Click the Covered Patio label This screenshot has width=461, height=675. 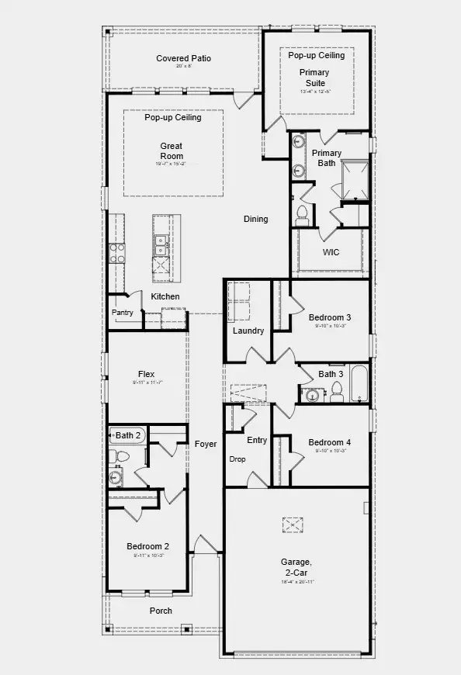click(x=183, y=58)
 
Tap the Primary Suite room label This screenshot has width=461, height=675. click(x=314, y=78)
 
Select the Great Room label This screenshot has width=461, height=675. click(x=172, y=151)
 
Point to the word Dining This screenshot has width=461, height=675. click(x=255, y=219)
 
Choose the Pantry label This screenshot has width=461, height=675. click(x=123, y=313)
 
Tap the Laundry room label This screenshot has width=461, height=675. click(x=248, y=331)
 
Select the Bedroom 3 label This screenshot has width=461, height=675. click(x=330, y=317)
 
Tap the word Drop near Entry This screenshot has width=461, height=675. click(x=237, y=459)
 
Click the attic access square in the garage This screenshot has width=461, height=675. click(x=292, y=525)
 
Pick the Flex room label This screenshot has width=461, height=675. click(x=146, y=374)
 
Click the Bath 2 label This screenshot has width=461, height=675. click(x=128, y=435)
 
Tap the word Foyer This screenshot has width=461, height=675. click(x=206, y=444)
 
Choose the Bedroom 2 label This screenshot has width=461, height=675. click(x=147, y=546)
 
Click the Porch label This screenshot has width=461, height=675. click(x=161, y=611)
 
